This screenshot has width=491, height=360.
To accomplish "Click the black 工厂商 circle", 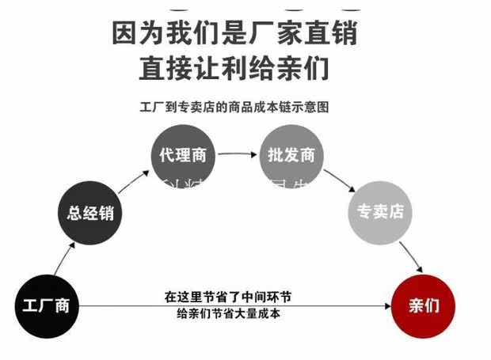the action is (47, 305).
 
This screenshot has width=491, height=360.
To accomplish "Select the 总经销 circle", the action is (91, 213).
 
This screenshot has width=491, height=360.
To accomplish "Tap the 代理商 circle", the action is (182, 155).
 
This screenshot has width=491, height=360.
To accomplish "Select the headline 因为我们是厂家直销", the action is (234, 34).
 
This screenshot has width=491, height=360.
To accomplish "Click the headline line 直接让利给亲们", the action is (234, 70).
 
